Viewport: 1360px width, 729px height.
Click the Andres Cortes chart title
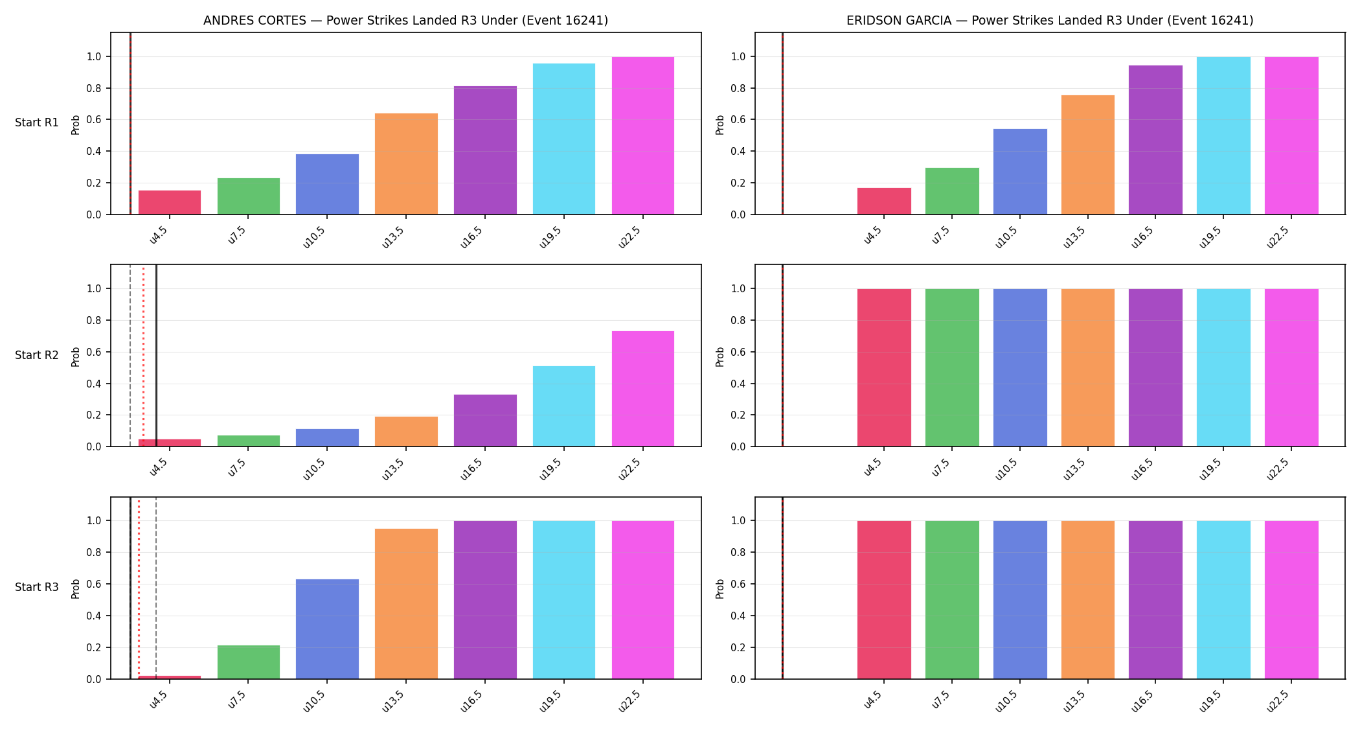pos(405,20)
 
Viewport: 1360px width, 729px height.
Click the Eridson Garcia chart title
pos(1050,20)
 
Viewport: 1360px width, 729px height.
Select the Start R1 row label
pos(37,122)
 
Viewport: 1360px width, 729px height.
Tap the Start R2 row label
pos(37,355)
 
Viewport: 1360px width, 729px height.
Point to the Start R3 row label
pos(37,587)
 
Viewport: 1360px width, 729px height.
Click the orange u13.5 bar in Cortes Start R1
pos(406,164)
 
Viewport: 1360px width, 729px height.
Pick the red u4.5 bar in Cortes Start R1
pos(170,202)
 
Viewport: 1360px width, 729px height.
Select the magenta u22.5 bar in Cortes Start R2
pos(643,389)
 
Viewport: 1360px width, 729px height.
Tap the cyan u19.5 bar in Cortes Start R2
pos(564,406)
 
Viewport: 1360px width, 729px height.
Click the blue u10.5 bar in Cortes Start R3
pos(327,629)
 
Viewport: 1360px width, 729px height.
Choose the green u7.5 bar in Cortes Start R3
pos(249,662)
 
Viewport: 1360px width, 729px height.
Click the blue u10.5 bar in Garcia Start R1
pos(1020,172)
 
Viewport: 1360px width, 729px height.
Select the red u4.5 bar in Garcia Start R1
pos(884,201)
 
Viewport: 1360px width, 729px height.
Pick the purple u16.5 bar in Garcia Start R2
pos(1155,367)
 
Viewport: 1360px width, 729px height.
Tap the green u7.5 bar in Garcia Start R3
pos(952,600)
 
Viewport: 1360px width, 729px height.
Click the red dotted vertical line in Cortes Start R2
pos(143,356)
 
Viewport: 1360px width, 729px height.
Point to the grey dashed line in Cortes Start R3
pos(156,588)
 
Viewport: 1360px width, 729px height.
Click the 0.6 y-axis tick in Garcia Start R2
pos(738,352)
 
